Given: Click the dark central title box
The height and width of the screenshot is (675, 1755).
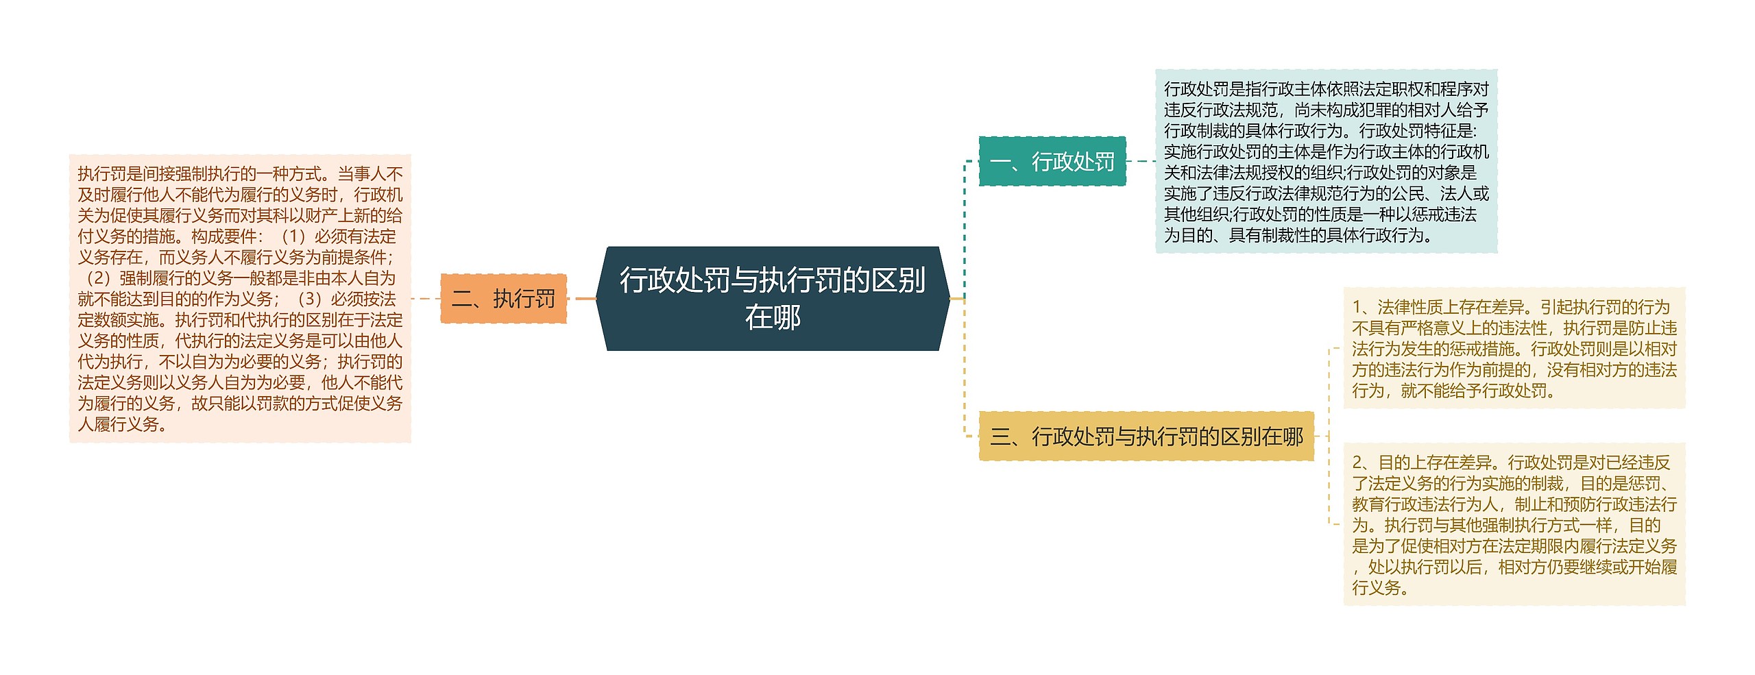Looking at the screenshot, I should (x=773, y=298).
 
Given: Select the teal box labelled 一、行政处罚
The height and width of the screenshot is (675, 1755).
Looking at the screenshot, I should (x=1052, y=162).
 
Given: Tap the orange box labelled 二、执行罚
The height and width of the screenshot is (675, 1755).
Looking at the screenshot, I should (x=503, y=299).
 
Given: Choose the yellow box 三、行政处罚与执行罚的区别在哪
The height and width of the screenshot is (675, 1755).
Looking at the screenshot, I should (x=1146, y=436).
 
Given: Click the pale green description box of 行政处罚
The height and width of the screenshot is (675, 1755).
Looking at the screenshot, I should (x=1326, y=162).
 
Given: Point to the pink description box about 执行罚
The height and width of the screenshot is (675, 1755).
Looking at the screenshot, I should (x=240, y=299).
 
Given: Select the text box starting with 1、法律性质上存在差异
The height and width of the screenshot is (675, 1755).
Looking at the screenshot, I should (x=1514, y=348).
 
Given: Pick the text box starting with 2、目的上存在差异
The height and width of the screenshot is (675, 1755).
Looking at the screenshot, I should (x=1514, y=524).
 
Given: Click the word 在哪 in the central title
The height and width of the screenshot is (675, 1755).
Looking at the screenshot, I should (x=773, y=317).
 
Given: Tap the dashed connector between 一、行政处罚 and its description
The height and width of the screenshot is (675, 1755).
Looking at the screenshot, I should (x=1141, y=162).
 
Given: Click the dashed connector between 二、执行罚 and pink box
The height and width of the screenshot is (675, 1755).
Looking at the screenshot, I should (x=425, y=299).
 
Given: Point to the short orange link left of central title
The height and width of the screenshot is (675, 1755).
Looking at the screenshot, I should (x=585, y=299).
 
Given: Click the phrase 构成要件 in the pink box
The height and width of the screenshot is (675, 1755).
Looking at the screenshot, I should (x=223, y=237).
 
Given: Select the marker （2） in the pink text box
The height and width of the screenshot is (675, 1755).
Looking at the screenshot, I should (x=97, y=279).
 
